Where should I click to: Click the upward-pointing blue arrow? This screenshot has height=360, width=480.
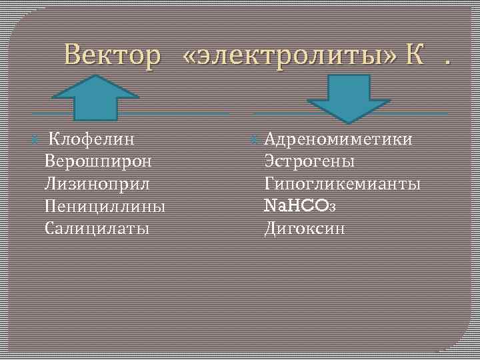pos(96,97)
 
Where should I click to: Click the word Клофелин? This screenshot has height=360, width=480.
pos(93,139)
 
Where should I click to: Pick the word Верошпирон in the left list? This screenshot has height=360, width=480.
pos(98,161)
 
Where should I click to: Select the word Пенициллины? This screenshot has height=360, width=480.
pos(105,206)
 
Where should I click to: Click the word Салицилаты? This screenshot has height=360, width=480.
pos(97,229)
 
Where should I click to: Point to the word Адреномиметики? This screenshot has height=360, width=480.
pos(339,139)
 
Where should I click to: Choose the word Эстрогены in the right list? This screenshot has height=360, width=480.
pos(309,161)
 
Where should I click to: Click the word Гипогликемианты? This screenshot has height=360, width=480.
pos(343,183)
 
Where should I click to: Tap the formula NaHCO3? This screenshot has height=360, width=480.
pos(301,206)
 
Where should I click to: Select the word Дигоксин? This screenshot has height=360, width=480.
pos(305,229)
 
